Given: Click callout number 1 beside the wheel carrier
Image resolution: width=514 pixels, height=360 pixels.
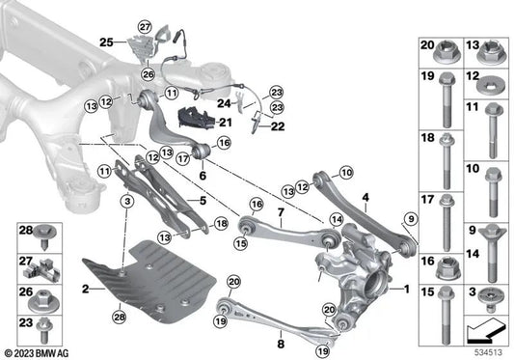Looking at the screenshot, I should [x=405, y=289].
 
